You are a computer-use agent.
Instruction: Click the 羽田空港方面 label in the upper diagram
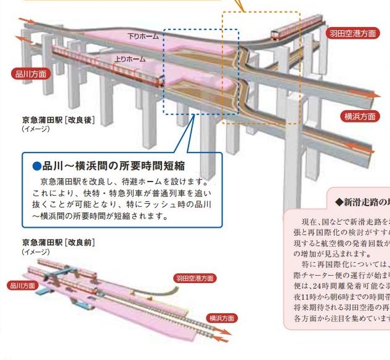[x=352, y=33]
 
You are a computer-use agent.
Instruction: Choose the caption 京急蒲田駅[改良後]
[x=59, y=120]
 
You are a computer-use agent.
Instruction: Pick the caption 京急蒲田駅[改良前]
[x=59, y=242]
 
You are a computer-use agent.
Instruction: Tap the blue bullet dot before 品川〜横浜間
[x=37, y=166]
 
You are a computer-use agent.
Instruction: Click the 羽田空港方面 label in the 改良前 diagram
[x=195, y=278]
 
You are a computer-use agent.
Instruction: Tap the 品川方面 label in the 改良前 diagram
[x=23, y=286]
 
